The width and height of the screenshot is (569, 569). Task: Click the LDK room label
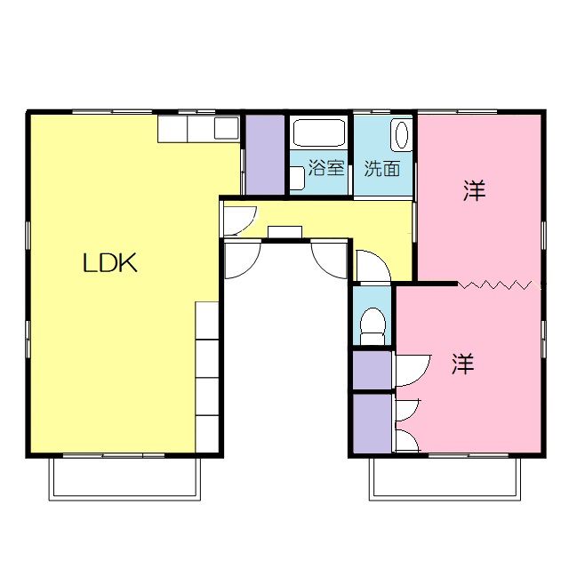[x=110, y=263]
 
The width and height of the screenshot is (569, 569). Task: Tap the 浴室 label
[x=325, y=168]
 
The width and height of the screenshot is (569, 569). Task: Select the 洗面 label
[x=382, y=168]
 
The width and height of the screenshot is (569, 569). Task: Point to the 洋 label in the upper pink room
[x=475, y=190]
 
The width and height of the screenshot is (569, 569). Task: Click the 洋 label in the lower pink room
[x=462, y=364]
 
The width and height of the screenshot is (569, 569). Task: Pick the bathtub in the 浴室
[x=318, y=135]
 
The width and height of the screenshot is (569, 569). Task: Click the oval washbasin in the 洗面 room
[x=401, y=135]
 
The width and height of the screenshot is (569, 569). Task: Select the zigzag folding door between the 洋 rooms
[x=496, y=284]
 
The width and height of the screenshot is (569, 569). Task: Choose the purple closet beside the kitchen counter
[x=263, y=155]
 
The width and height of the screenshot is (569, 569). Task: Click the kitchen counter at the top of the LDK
[x=198, y=129]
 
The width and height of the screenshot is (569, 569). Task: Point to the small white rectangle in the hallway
[x=285, y=232]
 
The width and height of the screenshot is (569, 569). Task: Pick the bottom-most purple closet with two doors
[x=372, y=424]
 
